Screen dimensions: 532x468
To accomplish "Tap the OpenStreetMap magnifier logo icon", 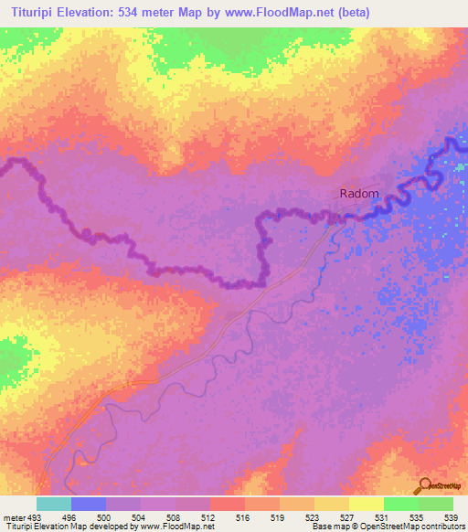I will (426, 484).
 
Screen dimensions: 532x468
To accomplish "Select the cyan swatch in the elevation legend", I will (53, 504).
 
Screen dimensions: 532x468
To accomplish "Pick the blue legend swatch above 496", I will (89, 504).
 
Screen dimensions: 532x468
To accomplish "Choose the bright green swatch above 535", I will (400, 504).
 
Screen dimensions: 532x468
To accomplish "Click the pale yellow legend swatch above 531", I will (366, 504).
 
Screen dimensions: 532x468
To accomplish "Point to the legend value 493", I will (33, 516).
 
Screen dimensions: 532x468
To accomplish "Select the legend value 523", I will (296, 516).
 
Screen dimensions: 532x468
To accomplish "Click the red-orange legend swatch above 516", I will (227, 504).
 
